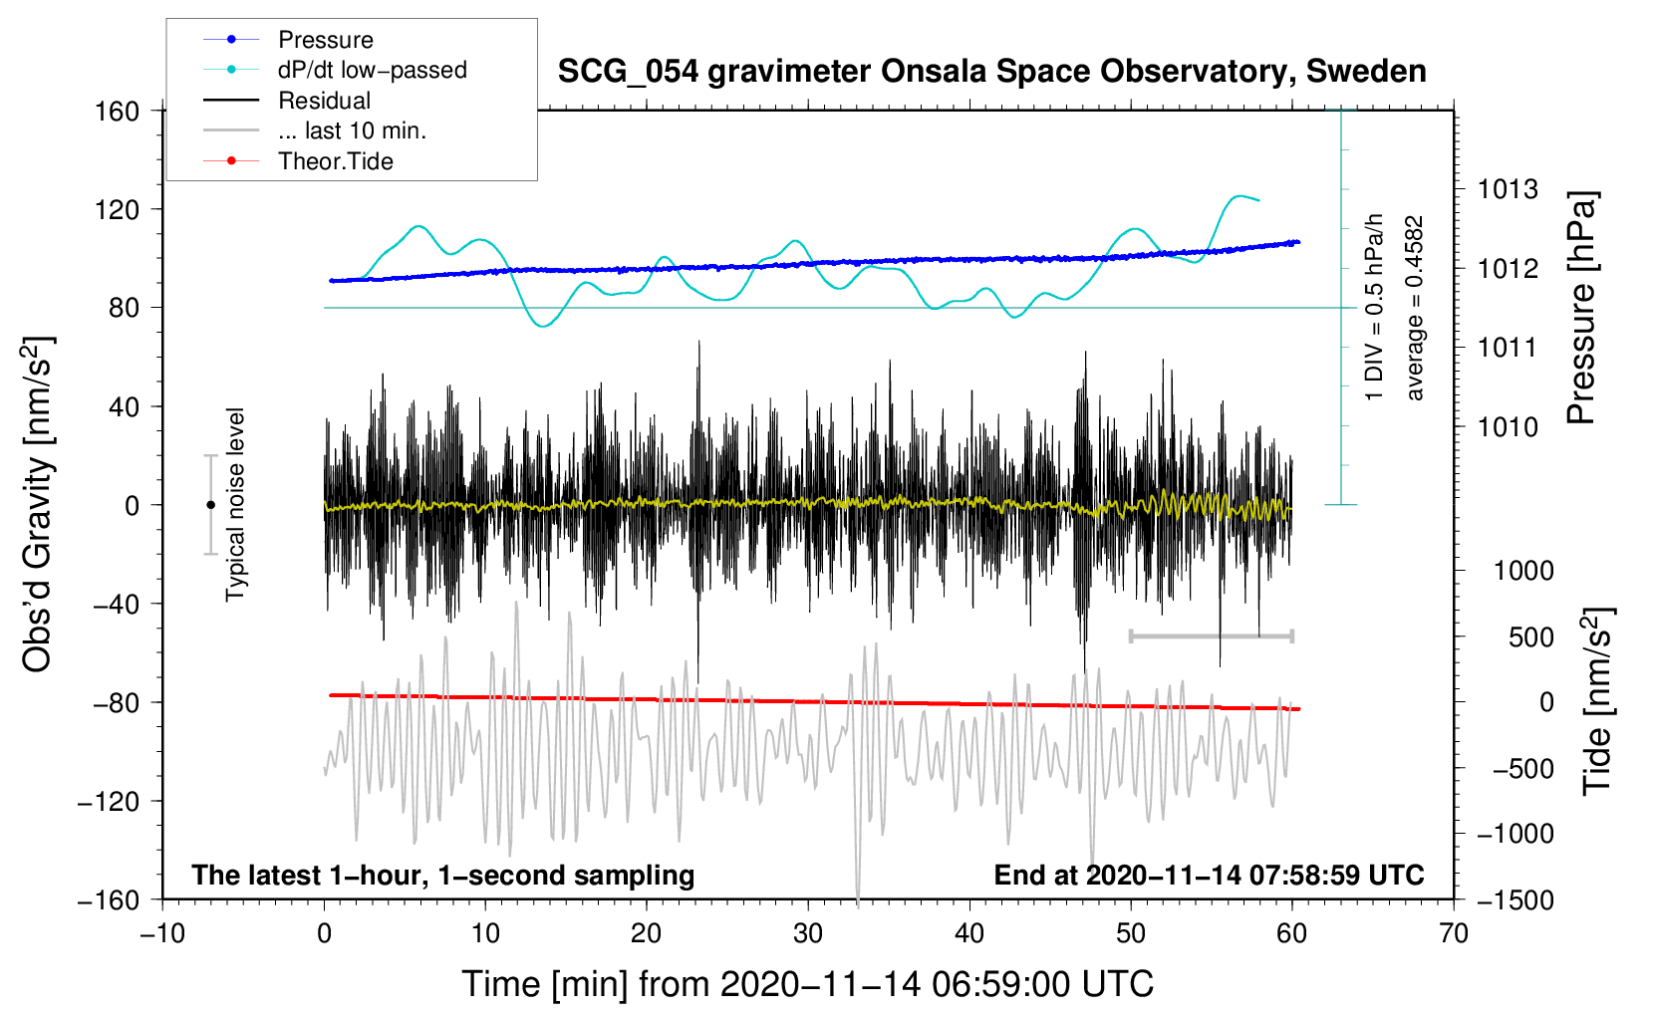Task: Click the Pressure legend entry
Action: pos(325,40)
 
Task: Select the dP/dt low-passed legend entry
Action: pos(372,70)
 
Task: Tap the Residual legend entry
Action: pos(324,101)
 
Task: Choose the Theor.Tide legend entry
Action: pos(335,161)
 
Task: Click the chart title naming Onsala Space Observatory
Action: pos(991,72)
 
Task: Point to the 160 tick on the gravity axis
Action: pos(118,111)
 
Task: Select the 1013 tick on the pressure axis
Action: pos(1508,189)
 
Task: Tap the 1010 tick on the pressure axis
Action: pos(1508,427)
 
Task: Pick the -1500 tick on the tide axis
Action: pos(1516,899)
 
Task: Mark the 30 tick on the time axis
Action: pos(808,933)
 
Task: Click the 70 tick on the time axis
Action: pos(1454,933)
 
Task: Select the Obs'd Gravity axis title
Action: pos(38,504)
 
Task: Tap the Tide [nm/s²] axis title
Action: pos(1597,700)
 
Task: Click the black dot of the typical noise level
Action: pos(210,505)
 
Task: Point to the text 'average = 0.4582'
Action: pos(1415,308)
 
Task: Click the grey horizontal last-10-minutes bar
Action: pos(1211,635)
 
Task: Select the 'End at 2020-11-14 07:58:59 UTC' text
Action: pos(1209,875)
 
